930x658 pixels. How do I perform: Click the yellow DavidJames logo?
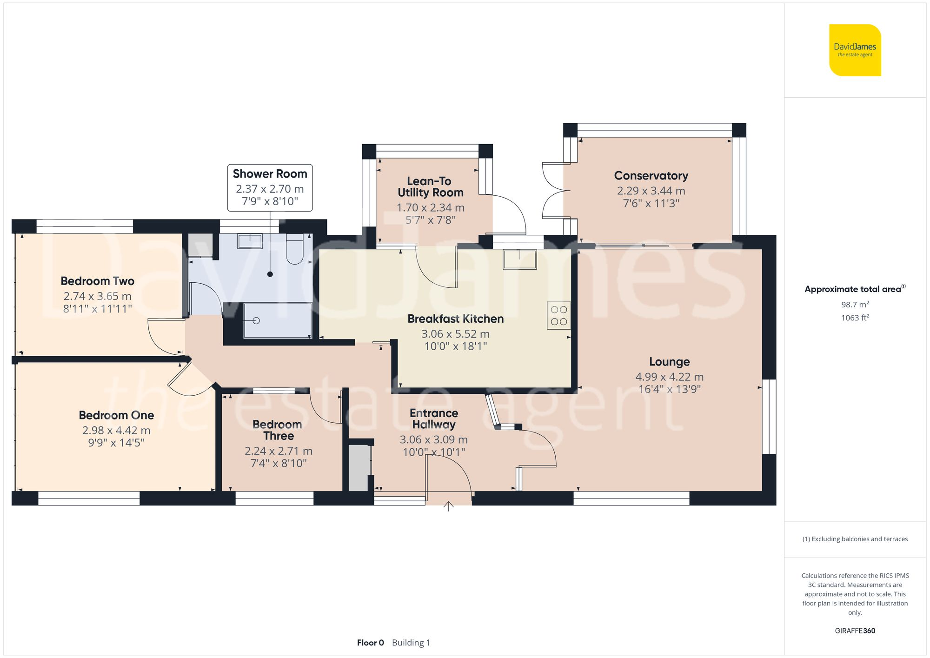pyautogui.click(x=855, y=50)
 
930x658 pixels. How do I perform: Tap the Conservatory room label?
pyautogui.click(x=651, y=176)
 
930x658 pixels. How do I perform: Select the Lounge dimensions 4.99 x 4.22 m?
pyautogui.click(x=669, y=377)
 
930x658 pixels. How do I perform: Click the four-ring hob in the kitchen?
pyautogui.click(x=558, y=316)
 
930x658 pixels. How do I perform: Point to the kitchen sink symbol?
pyautogui.click(x=519, y=259)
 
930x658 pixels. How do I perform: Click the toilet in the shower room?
pyautogui.click(x=294, y=250)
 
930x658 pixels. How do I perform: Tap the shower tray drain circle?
pyautogui.click(x=256, y=320)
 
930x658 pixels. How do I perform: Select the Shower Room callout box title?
pyautogui.click(x=270, y=174)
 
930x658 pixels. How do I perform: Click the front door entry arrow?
pyautogui.click(x=448, y=506)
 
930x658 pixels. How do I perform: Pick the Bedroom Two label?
pyautogui.click(x=98, y=281)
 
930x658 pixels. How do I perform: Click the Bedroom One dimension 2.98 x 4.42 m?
pyautogui.click(x=116, y=430)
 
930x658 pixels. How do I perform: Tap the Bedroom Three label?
pyautogui.click(x=278, y=430)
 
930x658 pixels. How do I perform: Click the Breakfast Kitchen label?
pyautogui.click(x=455, y=319)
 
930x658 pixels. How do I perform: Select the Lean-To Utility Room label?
pyautogui.click(x=430, y=187)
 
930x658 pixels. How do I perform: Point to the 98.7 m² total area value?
pyautogui.click(x=855, y=305)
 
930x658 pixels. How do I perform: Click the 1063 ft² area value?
pyautogui.click(x=855, y=318)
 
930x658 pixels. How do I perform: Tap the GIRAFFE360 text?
pyautogui.click(x=855, y=631)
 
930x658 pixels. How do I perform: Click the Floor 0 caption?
pyautogui.click(x=370, y=643)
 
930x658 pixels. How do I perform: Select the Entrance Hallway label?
pyautogui.click(x=434, y=419)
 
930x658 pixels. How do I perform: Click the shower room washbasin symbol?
pyautogui.click(x=250, y=241)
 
